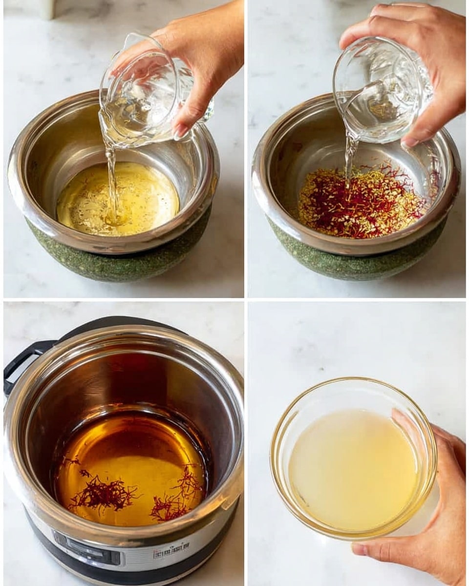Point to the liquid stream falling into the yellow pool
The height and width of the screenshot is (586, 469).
point(111,181)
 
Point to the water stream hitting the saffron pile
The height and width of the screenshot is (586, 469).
point(350,161)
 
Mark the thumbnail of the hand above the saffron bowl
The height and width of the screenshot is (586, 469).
point(410,142)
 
